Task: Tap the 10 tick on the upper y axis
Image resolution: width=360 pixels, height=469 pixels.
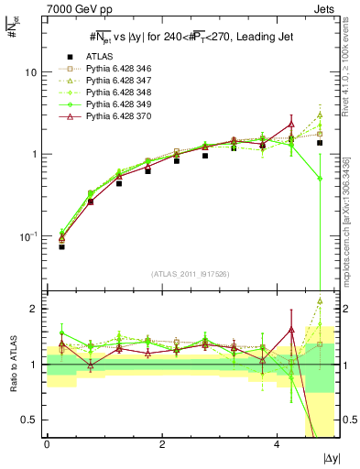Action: coord(32,72)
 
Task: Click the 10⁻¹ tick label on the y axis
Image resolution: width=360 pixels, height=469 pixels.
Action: coord(29,236)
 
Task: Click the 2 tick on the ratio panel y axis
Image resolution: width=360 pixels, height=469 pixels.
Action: coord(35,309)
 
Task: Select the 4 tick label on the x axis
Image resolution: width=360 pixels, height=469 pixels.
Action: coord(277,445)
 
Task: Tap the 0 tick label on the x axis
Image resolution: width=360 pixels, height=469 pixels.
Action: coord(47,445)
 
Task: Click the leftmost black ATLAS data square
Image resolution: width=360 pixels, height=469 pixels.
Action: coord(61,246)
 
